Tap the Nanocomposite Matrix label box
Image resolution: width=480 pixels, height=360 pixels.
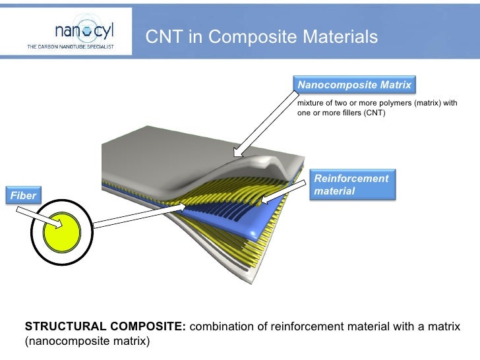[354, 85]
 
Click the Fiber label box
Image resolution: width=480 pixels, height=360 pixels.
[22, 195]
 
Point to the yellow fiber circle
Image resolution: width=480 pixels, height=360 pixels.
[61, 233]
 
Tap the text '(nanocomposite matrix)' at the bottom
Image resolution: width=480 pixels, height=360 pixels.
[88, 341]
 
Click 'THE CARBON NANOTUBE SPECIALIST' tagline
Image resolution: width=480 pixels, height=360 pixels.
[71, 47]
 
